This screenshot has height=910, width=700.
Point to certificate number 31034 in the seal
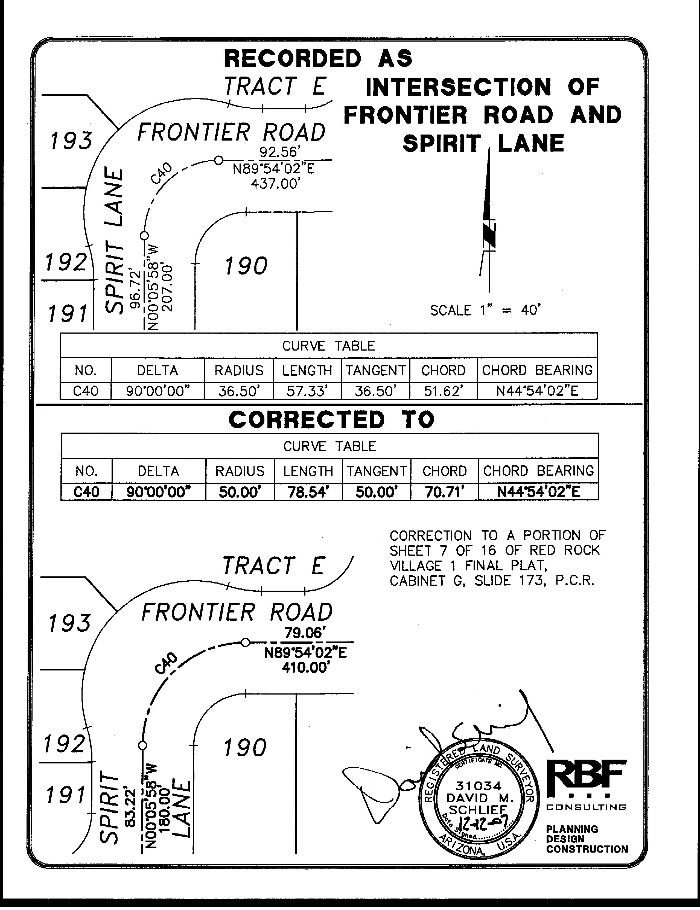pos(478,786)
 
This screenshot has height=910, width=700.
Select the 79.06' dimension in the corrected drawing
pos(303,633)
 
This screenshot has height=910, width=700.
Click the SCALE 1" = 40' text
pos(485,310)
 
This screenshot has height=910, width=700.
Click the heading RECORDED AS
pos(318,58)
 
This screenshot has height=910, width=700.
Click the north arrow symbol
pos(488,221)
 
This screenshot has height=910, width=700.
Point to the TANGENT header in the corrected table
pos(376,471)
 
